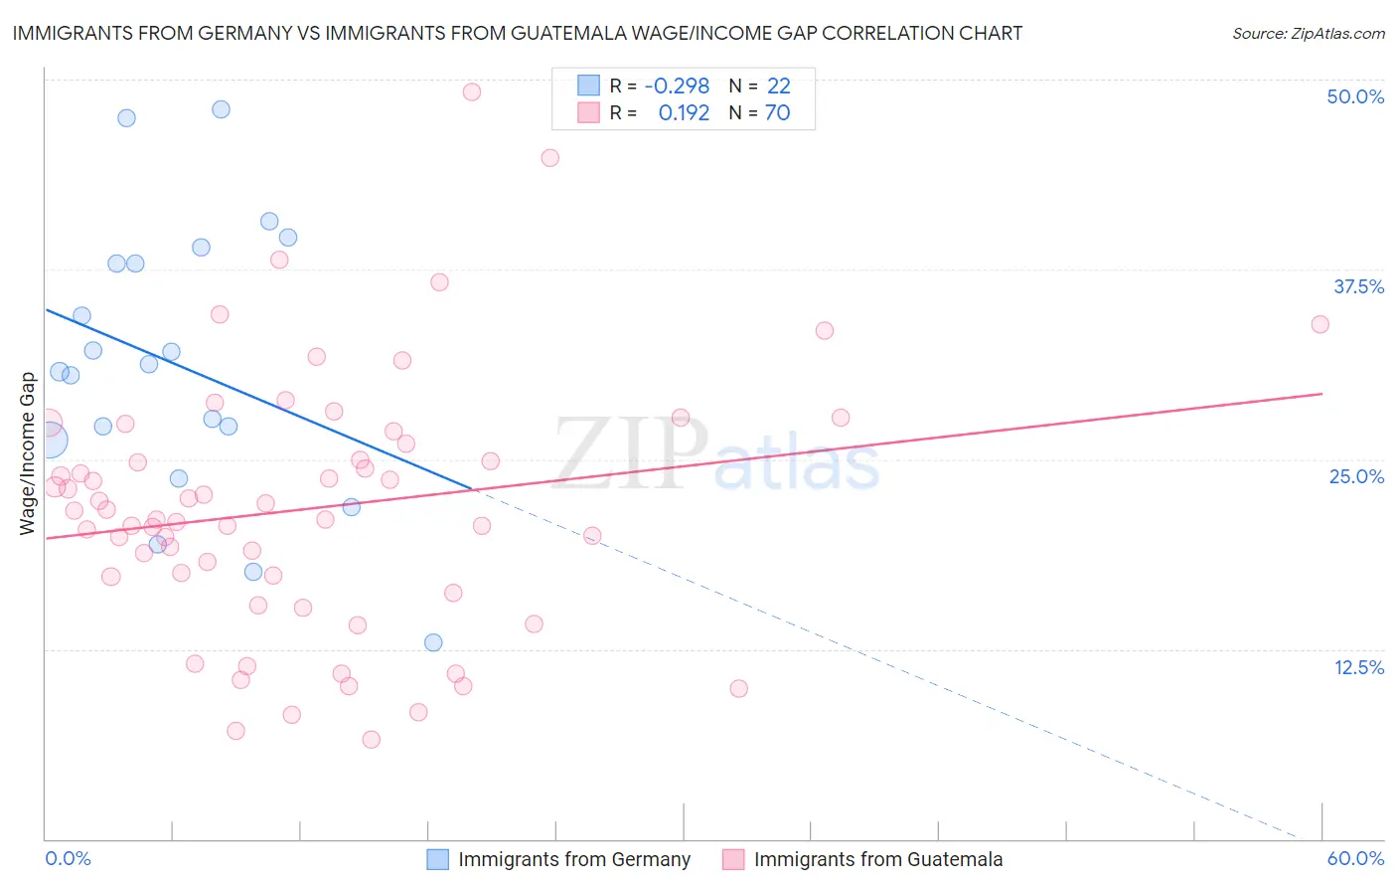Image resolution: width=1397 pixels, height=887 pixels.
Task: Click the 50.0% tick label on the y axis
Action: (1355, 96)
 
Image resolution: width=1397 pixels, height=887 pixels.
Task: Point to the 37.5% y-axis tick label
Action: (1358, 286)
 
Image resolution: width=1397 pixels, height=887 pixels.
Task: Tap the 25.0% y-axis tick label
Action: (1356, 476)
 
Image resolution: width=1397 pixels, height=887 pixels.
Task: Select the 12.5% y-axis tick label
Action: (1358, 667)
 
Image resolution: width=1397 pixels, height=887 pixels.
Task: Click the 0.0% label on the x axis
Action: (68, 858)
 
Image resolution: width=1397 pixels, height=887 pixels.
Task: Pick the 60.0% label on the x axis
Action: (1355, 858)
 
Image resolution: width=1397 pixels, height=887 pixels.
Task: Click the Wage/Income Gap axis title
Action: (28, 452)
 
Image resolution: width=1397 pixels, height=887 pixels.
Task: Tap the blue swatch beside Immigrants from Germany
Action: (438, 859)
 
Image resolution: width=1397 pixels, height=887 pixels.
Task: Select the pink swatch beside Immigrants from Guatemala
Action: (733, 859)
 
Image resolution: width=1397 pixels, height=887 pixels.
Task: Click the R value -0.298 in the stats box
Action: (677, 87)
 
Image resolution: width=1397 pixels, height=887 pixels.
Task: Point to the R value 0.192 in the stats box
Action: (684, 113)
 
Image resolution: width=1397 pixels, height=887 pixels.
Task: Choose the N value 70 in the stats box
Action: (777, 113)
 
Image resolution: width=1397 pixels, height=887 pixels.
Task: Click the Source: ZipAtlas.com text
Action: (1308, 34)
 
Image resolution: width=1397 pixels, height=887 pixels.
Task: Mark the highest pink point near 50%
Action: (472, 91)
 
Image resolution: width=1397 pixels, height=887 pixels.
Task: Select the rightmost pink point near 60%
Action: (1319, 324)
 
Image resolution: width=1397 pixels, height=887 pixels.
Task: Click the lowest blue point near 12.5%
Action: (433, 642)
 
